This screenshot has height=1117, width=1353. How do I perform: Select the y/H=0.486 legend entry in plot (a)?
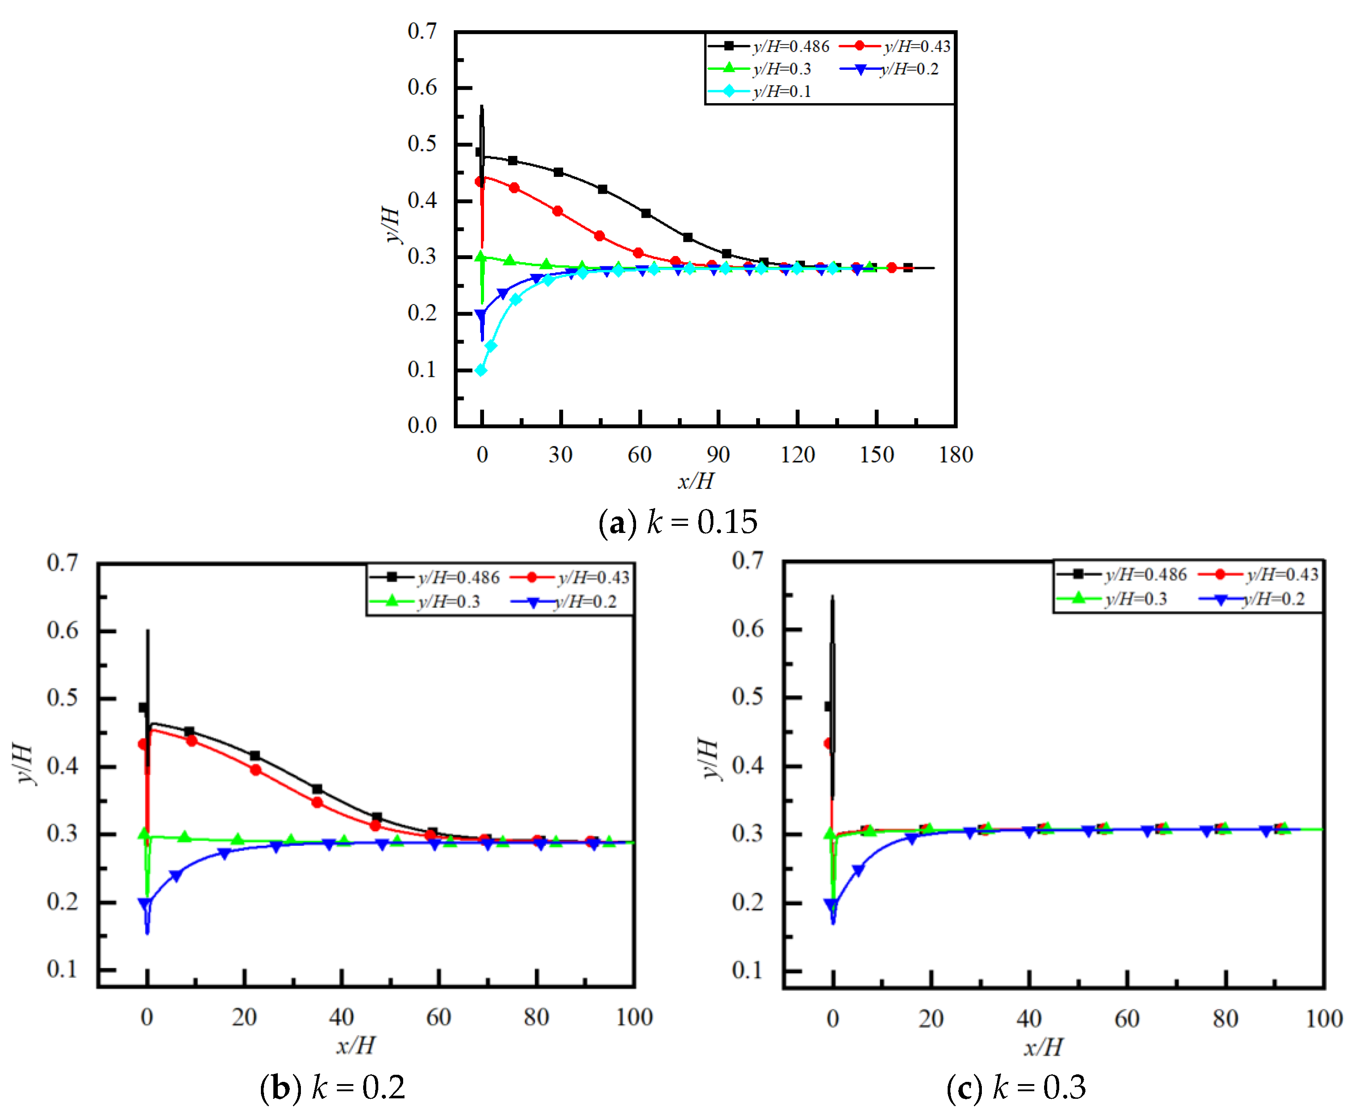pyautogui.click(x=769, y=46)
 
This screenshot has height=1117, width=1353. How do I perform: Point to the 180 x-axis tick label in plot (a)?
pyautogui.click(x=955, y=455)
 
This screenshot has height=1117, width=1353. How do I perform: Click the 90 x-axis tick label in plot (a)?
pyautogui.click(x=718, y=455)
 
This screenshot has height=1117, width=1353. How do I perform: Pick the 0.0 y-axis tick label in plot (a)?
pyautogui.click(x=422, y=425)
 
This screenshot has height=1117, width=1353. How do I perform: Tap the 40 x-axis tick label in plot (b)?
pyautogui.click(x=341, y=1017)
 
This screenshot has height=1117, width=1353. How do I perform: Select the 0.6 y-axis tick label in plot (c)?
pyautogui.click(x=748, y=629)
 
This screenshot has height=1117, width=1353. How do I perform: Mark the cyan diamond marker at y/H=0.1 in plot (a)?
pyautogui.click(x=480, y=370)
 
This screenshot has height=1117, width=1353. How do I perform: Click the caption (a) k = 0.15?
pyautogui.click(x=677, y=522)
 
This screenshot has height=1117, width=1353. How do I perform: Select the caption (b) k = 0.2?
pyautogui.click(x=332, y=1087)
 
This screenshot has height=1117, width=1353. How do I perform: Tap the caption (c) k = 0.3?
pyautogui.click(x=1016, y=1087)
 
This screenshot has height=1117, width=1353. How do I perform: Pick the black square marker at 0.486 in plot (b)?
pyautogui.click(x=144, y=707)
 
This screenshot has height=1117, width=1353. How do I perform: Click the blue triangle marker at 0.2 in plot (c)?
pyautogui.click(x=831, y=905)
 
